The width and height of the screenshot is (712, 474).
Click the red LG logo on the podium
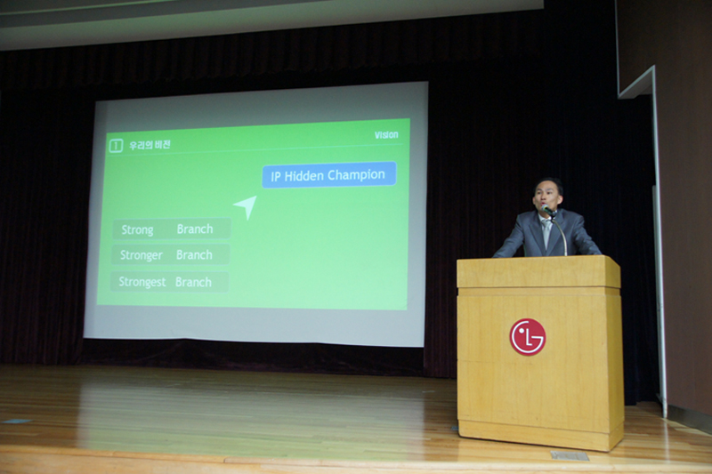(527, 337)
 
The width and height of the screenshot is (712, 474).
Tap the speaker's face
(546, 196)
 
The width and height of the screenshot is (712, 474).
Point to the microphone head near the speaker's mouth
(548, 210)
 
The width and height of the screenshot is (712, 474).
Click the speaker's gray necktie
(546, 232)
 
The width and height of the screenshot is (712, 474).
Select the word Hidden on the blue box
(303, 176)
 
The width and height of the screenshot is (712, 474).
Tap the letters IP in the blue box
(276, 177)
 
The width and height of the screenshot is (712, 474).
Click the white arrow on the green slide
(246, 207)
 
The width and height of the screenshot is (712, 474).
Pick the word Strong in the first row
(138, 230)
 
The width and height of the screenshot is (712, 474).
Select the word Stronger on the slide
(142, 255)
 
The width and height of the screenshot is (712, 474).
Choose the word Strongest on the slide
(142, 282)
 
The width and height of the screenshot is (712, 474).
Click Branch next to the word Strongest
(193, 282)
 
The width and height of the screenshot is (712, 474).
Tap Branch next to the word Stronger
(194, 255)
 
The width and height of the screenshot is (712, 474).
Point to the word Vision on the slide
(386, 135)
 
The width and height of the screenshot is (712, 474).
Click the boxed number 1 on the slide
(116, 146)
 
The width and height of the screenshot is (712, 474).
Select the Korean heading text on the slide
(150, 145)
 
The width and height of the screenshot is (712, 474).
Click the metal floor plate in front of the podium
(570, 455)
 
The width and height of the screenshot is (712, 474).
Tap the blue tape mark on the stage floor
(17, 422)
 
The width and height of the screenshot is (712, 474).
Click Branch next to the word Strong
(195, 229)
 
